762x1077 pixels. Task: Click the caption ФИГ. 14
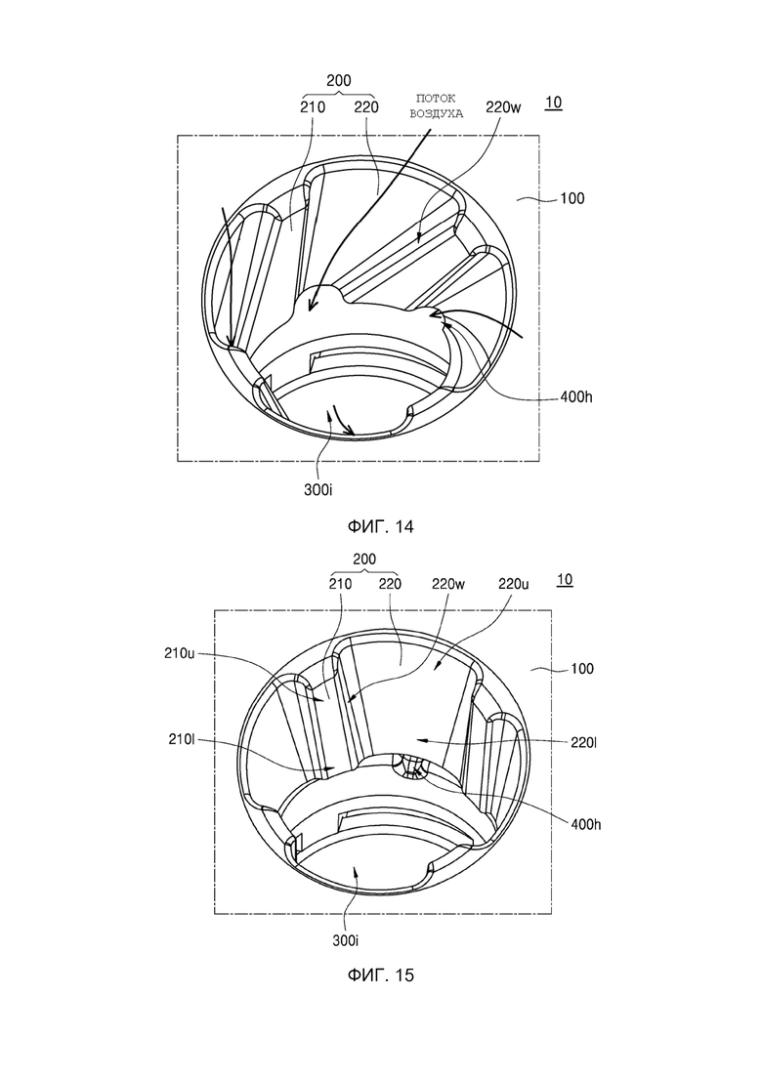[380, 527]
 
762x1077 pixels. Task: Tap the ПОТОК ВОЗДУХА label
[437, 106]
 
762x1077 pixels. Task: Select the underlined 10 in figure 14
[553, 103]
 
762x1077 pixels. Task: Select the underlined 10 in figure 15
[564, 580]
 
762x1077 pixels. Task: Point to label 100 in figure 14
[571, 198]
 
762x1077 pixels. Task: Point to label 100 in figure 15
[582, 668]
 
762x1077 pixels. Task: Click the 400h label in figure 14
[576, 397]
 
